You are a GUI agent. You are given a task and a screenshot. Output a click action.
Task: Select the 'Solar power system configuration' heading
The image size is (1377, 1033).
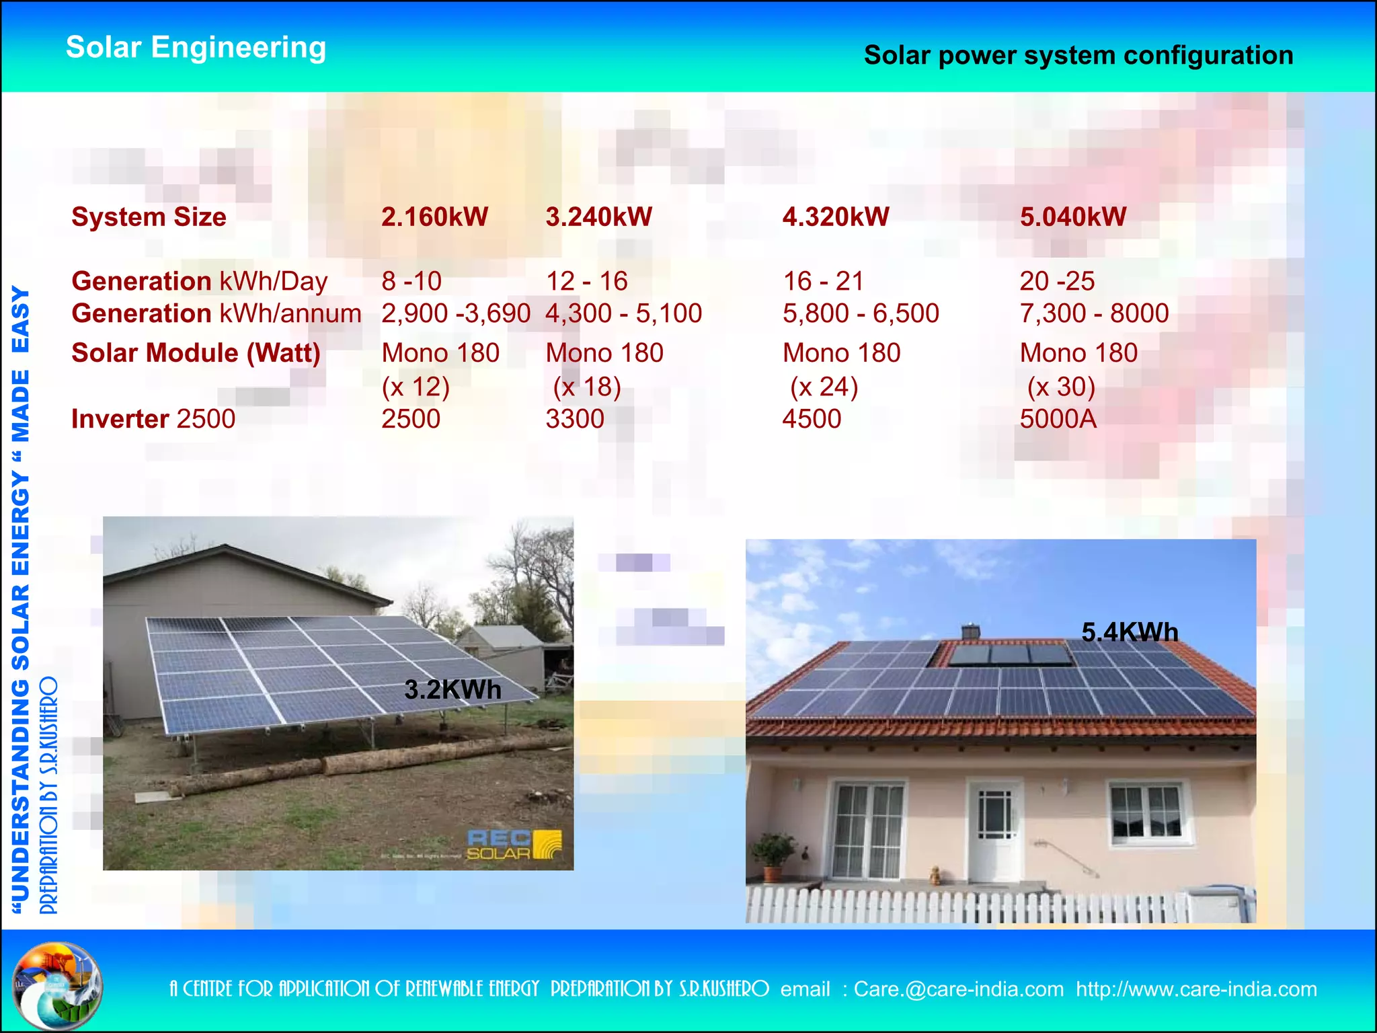[1078, 56]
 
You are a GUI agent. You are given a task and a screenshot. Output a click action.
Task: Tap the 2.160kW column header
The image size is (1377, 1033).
[434, 217]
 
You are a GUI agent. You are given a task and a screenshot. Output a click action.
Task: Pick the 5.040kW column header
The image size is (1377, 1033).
[1072, 217]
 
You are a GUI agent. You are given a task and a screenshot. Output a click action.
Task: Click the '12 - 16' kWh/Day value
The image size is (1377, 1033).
[586, 281]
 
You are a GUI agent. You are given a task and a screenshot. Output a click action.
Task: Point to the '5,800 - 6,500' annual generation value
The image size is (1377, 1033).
[861, 313]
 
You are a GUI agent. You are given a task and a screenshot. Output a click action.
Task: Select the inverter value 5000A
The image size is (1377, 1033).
[1058, 419]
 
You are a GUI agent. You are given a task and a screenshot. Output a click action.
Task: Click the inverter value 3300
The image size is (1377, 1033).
[575, 419]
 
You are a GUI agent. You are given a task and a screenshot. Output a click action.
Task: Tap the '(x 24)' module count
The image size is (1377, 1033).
[824, 387]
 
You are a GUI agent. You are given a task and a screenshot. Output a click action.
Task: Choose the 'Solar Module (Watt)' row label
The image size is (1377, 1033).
[196, 353]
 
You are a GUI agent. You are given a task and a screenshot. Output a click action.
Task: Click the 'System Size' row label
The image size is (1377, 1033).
[149, 217]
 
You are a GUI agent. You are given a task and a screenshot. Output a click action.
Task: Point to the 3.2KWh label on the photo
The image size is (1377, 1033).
[453, 690]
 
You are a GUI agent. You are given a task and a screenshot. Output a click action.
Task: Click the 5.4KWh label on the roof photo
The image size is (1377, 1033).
[1130, 632]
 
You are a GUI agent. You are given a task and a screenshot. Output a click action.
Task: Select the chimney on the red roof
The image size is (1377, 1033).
[970, 632]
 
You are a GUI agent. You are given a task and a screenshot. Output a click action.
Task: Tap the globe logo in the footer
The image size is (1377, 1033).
[57, 986]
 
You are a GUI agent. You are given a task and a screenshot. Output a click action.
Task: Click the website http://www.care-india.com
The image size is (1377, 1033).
[1196, 989]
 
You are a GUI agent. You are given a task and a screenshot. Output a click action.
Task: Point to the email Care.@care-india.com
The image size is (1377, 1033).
[958, 989]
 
